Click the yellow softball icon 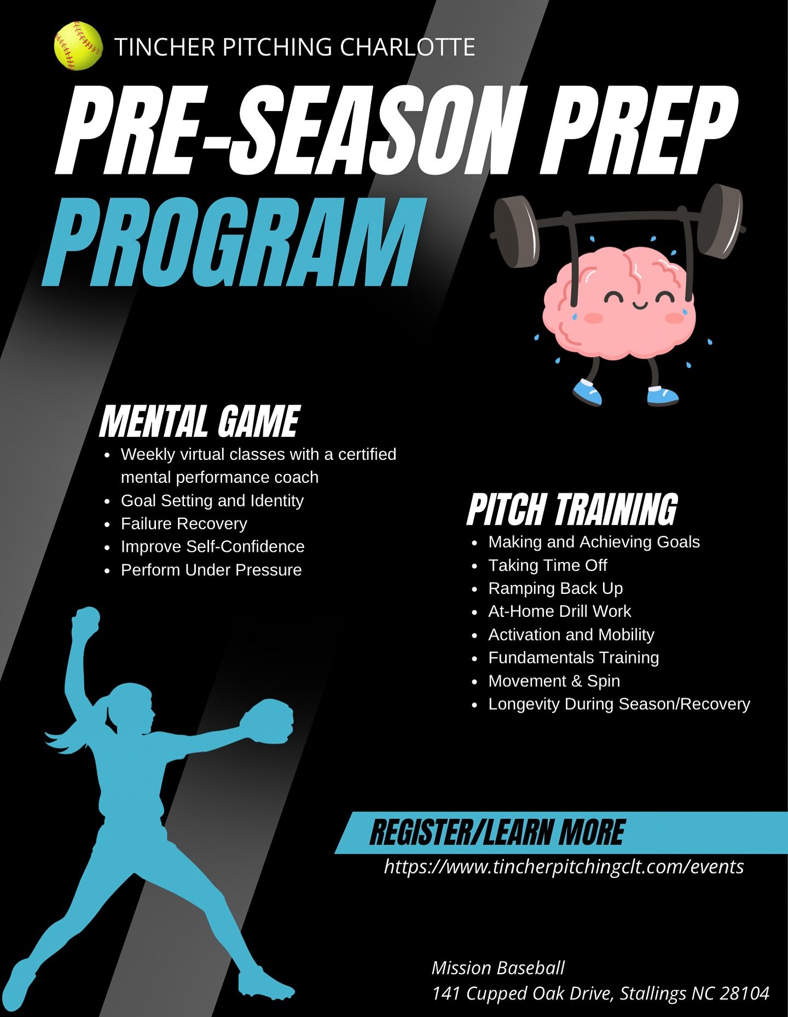[x=78, y=46]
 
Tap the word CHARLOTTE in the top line [x=407, y=47]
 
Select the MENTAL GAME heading [x=200, y=421]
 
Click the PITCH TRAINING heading [x=572, y=509]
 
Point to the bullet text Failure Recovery [x=184, y=524]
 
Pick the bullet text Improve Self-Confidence [x=212, y=547]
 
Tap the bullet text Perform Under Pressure [x=211, y=570]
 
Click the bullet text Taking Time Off [x=548, y=565]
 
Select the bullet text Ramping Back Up [x=555, y=588]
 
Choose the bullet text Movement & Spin [x=554, y=681]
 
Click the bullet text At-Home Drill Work [x=559, y=611]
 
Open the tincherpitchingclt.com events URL [x=564, y=867]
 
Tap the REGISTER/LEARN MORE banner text [x=497, y=833]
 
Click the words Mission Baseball [x=498, y=968]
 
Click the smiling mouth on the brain [x=639, y=304]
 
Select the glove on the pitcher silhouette [x=267, y=721]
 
